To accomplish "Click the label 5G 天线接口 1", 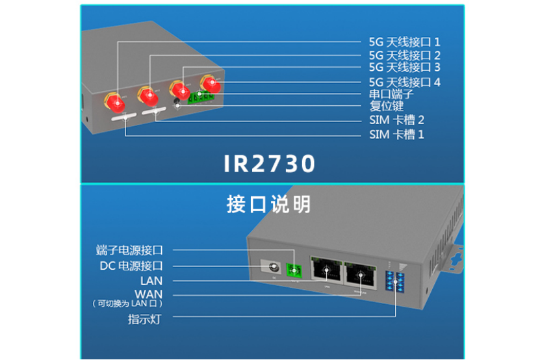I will pos(404,42).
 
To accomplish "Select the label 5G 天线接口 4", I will pos(404,82).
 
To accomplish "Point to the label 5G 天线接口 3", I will pos(404,67).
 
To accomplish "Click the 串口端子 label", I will pos(391,94).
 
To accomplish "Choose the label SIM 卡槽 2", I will pos(396,120).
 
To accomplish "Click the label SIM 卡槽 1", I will pos(396,135).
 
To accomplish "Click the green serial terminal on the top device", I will pos(200,98).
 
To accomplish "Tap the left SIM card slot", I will pos(123,118).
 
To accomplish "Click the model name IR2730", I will pos(270,163).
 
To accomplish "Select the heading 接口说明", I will pos(269,204).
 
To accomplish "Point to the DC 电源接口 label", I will pos(131,265).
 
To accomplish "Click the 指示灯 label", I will pos(145,319).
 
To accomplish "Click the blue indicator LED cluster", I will pos(394,281).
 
